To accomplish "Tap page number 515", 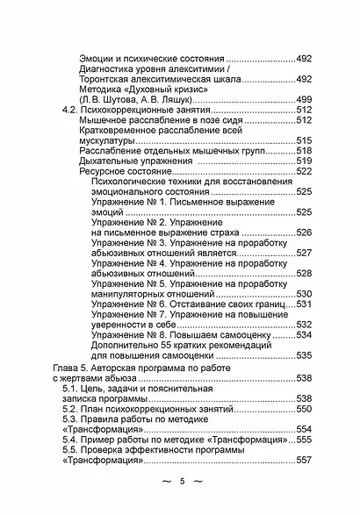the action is pyautogui.click(x=305, y=140).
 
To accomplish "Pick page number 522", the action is pyautogui.click(x=305, y=172).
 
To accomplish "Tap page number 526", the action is pyautogui.click(x=305, y=232).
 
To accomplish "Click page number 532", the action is pyautogui.click(x=305, y=324).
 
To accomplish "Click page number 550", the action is pyautogui.click(x=305, y=410).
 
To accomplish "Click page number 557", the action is pyautogui.click(x=305, y=461).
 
